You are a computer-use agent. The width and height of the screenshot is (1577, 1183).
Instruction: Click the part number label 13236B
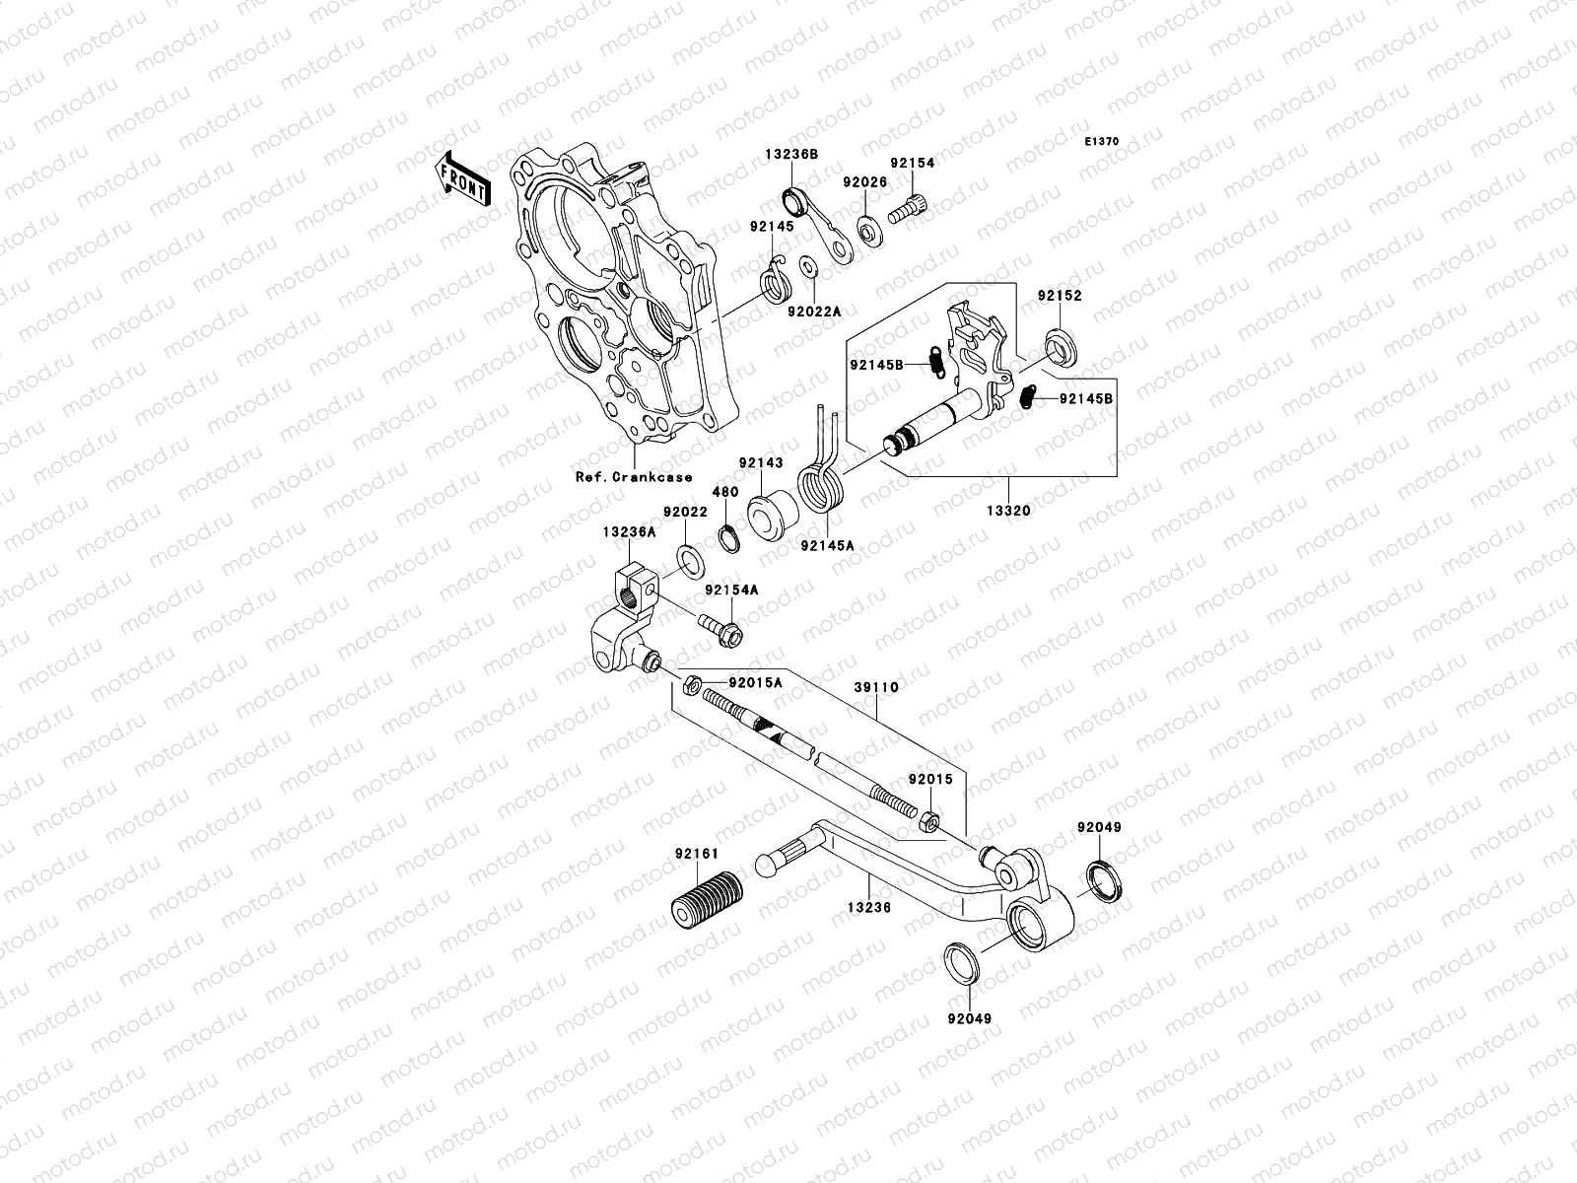pyautogui.click(x=792, y=154)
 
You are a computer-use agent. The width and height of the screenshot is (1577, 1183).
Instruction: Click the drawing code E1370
pyautogui.click(x=1102, y=142)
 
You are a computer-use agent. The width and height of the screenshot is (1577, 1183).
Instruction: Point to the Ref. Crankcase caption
pyautogui.click(x=634, y=477)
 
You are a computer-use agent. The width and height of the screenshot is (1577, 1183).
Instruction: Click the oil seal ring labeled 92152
pyautogui.click(x=1060, y=346)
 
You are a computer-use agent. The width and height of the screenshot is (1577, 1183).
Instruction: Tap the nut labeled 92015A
pyautogui.click(x=692, y=682)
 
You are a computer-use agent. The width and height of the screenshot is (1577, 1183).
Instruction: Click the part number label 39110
pyautogui.click(x=876, y=686)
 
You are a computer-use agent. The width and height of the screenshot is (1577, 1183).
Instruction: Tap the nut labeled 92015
pyautogui.click(x=929, y=820)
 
